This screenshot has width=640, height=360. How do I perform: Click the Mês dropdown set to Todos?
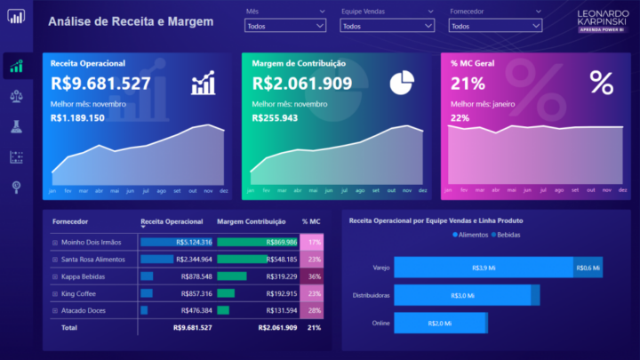(x=284, y=27)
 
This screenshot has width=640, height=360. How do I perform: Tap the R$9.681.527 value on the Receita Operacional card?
(x=100, y=84)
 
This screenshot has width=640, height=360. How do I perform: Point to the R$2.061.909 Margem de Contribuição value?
(x=302, y=84)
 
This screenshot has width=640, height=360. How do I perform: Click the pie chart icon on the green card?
(x=402, y=82)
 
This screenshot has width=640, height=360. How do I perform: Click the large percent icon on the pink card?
(x=602, y=83)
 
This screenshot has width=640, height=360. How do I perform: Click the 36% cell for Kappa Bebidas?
(x=314, y=276)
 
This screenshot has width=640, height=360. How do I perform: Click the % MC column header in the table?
(x=311, y=221)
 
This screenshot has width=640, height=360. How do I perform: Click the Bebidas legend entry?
(x=507, y=235)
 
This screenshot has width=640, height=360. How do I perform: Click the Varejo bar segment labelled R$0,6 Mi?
(x=588, y=268)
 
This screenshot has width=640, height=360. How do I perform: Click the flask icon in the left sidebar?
(x=16, y=126)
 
